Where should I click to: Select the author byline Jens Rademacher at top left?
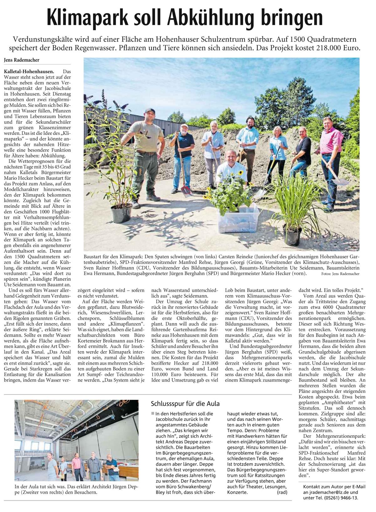tap(22, 60)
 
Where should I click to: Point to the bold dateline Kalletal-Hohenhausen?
tap(29, 71)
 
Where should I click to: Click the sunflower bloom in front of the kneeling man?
tap(241, 173)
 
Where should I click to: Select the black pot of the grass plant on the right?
tap(292, 235)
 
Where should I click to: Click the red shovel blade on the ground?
tap(187, 191)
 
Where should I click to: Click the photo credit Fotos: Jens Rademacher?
tap(340, 274)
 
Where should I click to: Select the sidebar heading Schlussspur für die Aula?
tap(185, 404)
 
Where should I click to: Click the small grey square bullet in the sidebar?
tap(153, 413)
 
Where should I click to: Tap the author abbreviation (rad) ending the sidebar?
tap(282, 492)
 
